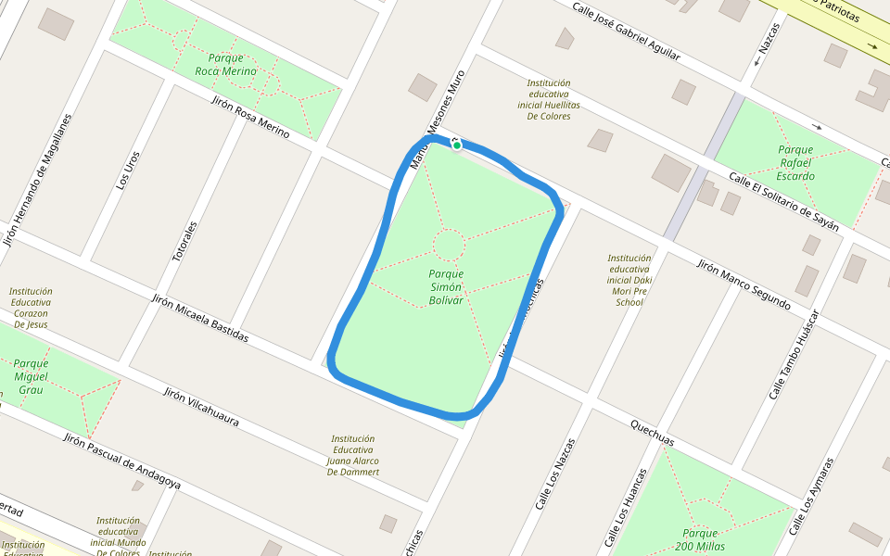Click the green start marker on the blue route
coord(457,145)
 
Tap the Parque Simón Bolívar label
coord(446,287)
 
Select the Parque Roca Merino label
coord(225,64)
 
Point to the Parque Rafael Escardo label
coord(795,162)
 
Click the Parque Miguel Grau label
coord(31,376)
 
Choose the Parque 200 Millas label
coord(700,539)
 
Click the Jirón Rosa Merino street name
coord(250,118)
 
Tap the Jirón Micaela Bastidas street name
coord(199,317)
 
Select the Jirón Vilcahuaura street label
coord(201,407)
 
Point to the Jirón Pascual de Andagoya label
coord(121,461)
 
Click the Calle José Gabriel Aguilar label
coord(626,32)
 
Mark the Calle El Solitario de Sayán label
coord(783,201)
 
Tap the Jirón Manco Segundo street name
coord(744,284)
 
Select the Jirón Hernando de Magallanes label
coord(37,180)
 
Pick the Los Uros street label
coord(128,171)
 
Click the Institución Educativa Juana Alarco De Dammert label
coord(353,455)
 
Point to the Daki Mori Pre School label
coord(629,280)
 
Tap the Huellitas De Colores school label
coord(549,99)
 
